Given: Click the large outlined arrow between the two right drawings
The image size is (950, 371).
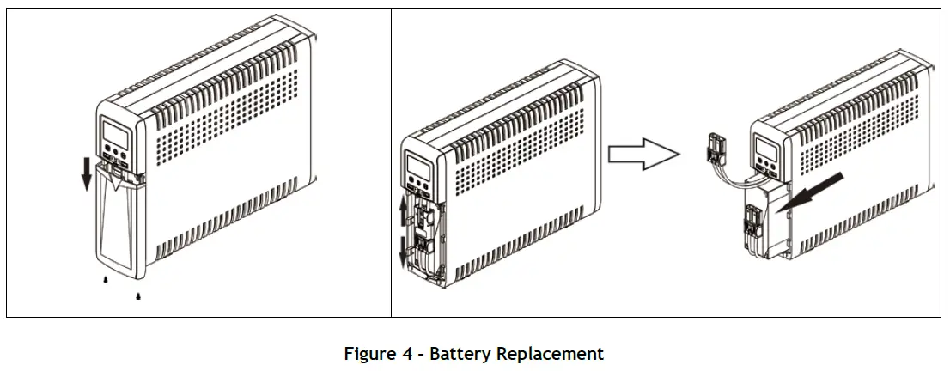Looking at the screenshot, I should [x=643, y=155].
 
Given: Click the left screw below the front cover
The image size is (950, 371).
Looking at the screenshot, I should [x=106, y=280].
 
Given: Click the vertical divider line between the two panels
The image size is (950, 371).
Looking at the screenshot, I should [x=391, y=163].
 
